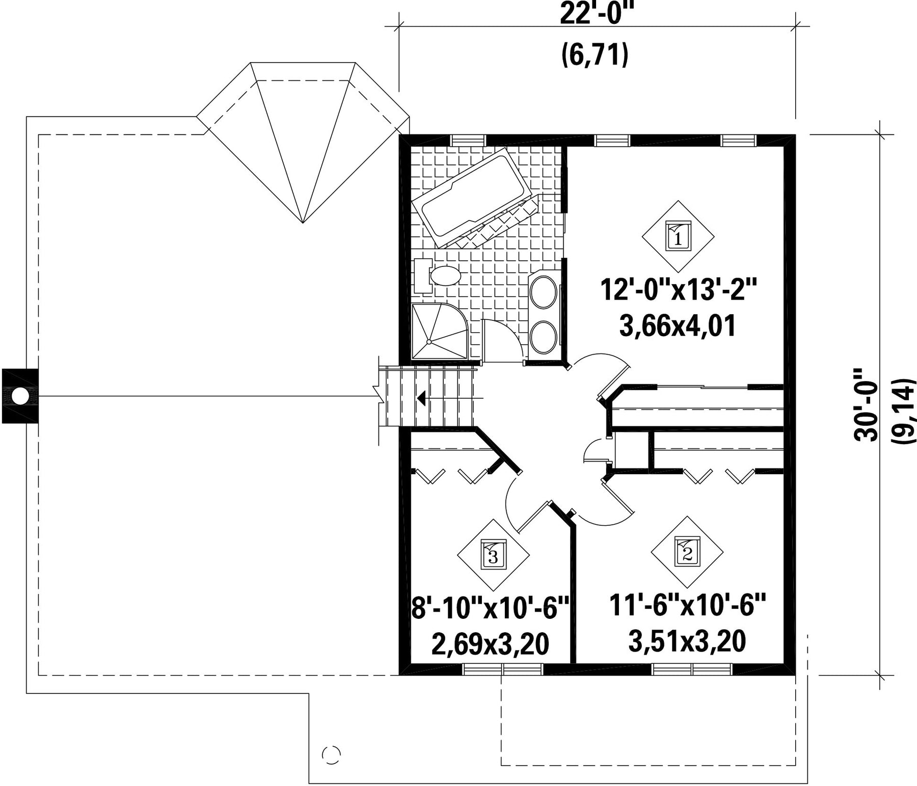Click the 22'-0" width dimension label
click(595, 14)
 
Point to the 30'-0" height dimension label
click(866, 404)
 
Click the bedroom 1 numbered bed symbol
click(678, 236)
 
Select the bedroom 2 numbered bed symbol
click(687, 552)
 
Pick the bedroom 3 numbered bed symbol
click(493, 555)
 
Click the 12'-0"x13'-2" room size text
click(678, 291)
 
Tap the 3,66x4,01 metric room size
click(678, 327)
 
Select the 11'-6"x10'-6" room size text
click(688, 605)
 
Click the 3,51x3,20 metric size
click(687, 641)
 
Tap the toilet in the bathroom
click(438, 276)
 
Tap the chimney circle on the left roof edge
click(19, 396)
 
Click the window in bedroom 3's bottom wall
click(503, 669)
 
